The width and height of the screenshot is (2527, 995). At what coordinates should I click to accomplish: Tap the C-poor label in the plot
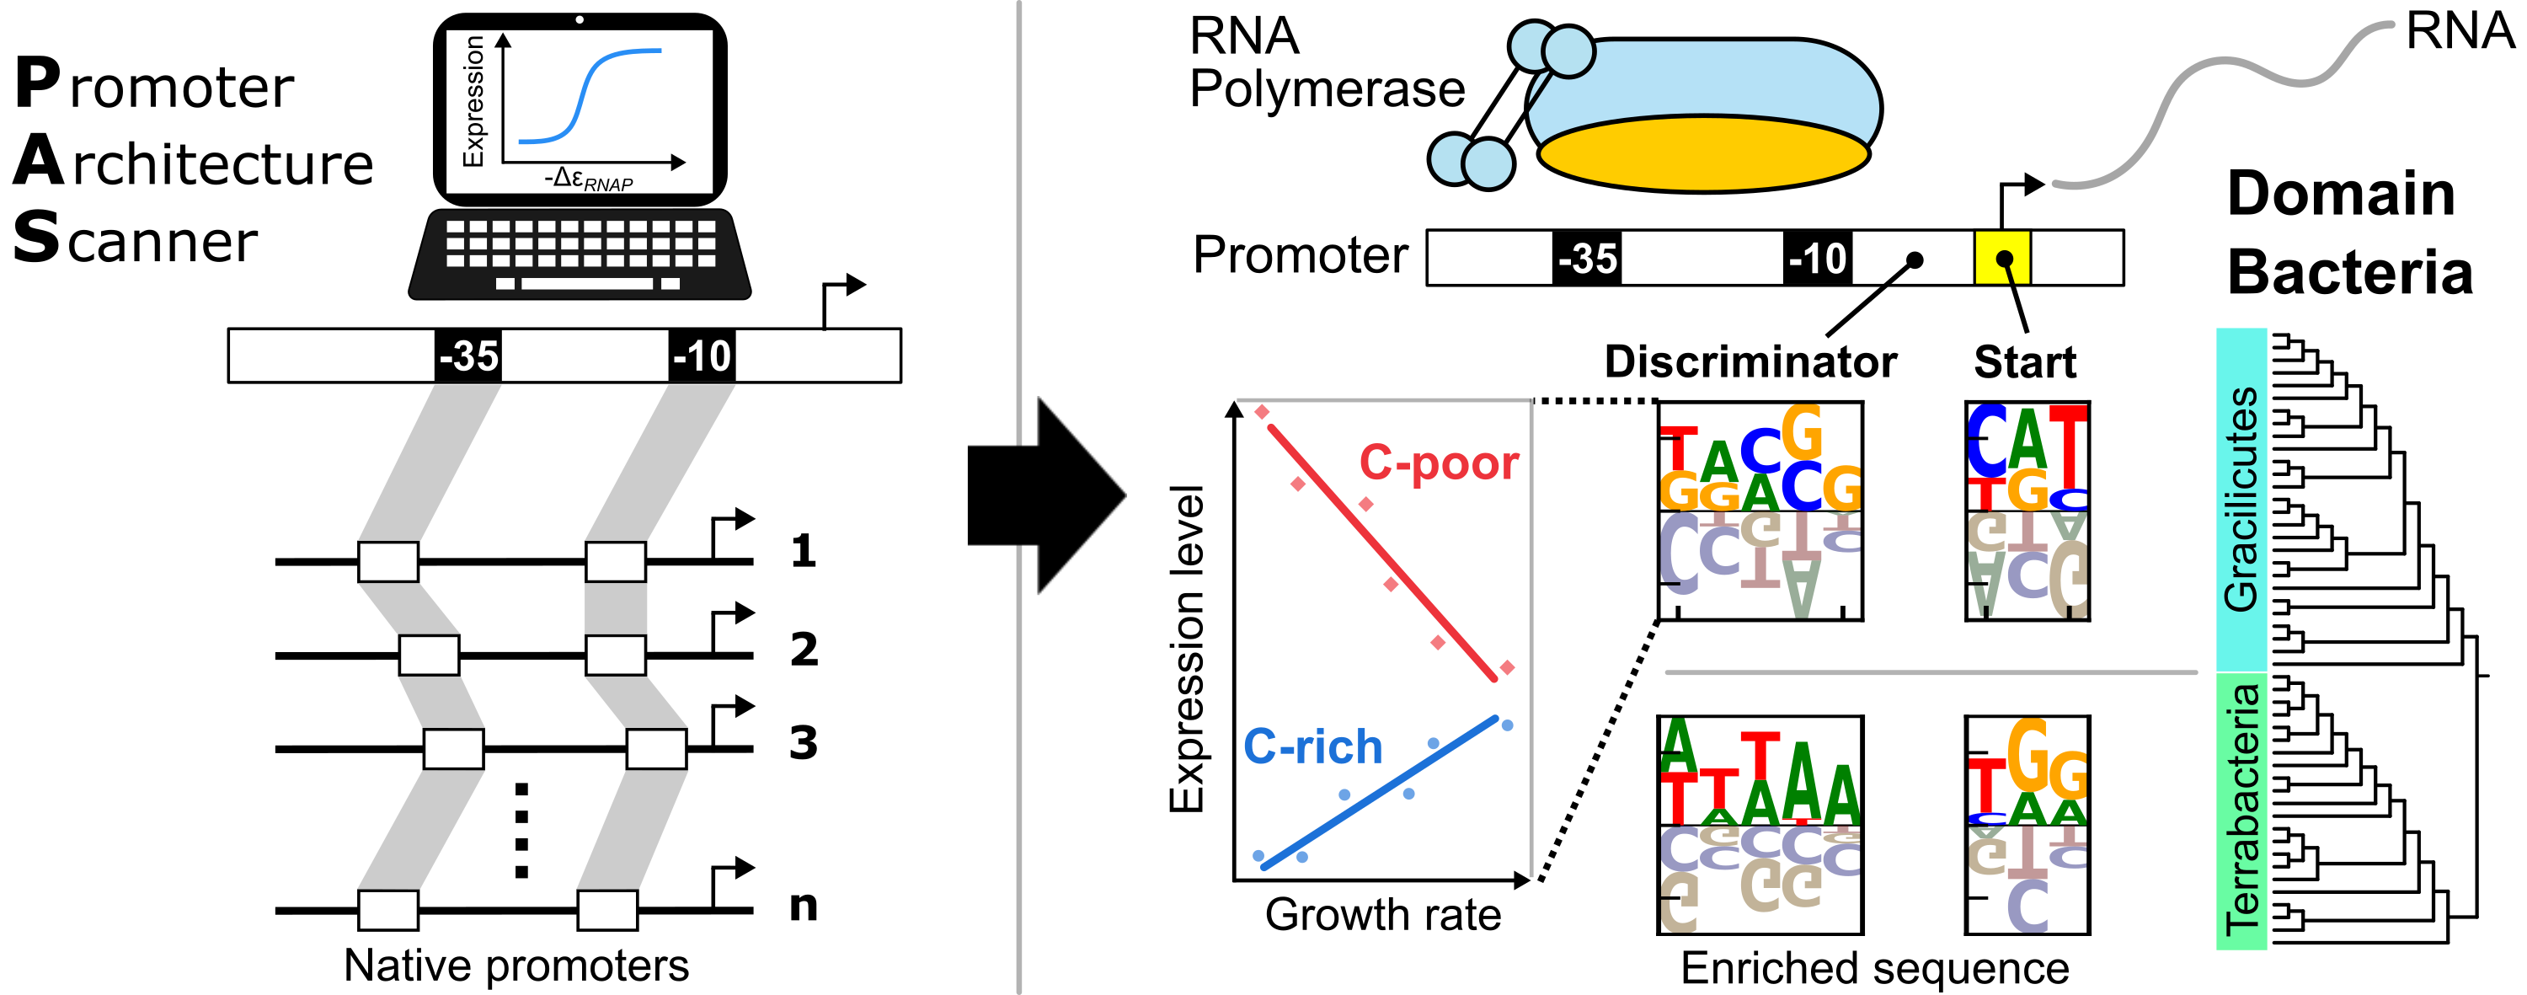coord(1438,463)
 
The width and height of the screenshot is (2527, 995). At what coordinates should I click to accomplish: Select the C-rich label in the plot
coord(1312,746)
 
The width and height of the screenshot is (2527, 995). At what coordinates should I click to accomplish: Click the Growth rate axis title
coord(1382,914)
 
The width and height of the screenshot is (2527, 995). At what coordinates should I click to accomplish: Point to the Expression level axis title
coord(1186,649)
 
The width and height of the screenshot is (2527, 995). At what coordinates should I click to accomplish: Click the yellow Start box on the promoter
coord(2002,258)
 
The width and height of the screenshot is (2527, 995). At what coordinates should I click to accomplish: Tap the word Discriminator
coord(1750,362)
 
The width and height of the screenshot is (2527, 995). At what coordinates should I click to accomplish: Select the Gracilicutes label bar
coord(2241,500)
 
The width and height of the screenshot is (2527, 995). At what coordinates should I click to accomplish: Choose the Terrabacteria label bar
coord(2241,810)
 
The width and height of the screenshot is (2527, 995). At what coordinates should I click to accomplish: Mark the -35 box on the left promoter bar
coord(468,356)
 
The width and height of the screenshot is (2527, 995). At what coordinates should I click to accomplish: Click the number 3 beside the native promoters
coord(804,743)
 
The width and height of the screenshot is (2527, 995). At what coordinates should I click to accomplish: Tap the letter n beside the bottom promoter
coord(804,905)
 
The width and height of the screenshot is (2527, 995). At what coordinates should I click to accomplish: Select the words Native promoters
coord(516,966)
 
